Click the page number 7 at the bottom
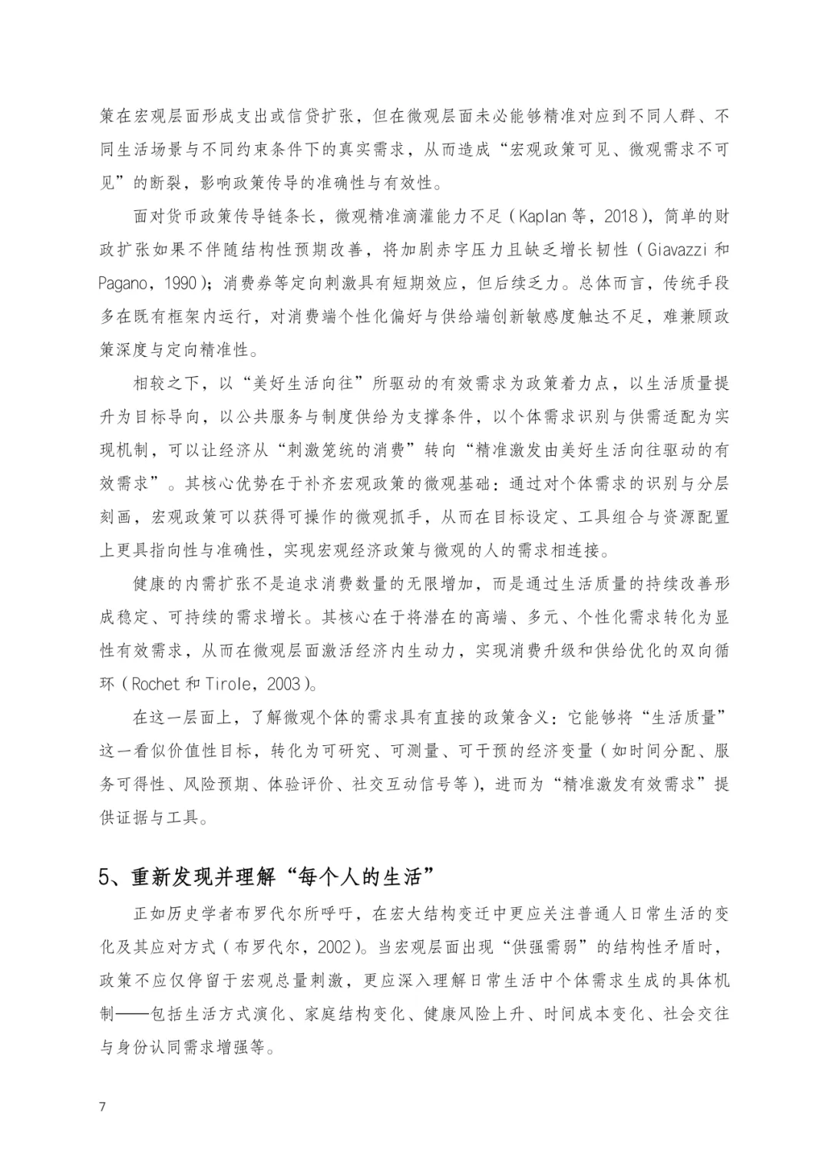coord(102,1106)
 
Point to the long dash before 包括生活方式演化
coord(133,1014)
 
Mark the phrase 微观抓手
coord(385,517)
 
